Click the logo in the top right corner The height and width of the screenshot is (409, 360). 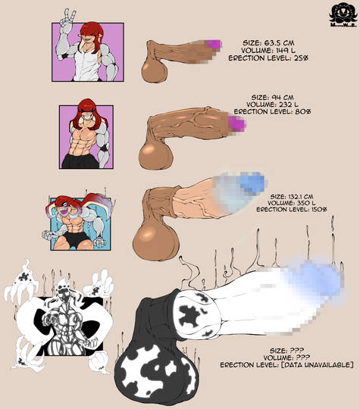343,16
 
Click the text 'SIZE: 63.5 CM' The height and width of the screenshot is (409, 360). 268,42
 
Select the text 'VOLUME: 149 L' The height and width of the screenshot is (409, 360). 268,50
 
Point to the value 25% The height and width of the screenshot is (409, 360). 301,58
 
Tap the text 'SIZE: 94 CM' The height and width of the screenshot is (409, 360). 272,97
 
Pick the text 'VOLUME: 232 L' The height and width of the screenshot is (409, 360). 272,105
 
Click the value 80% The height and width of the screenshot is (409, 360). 303,111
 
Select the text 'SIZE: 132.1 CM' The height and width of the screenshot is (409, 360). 292,196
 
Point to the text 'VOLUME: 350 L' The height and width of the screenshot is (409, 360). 291,203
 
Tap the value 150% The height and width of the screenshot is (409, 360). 319,209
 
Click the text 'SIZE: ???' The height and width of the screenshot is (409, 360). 287,351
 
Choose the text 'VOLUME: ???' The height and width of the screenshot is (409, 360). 286,357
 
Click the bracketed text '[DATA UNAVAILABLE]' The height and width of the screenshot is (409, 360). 318,364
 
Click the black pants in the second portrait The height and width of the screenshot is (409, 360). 80,161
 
